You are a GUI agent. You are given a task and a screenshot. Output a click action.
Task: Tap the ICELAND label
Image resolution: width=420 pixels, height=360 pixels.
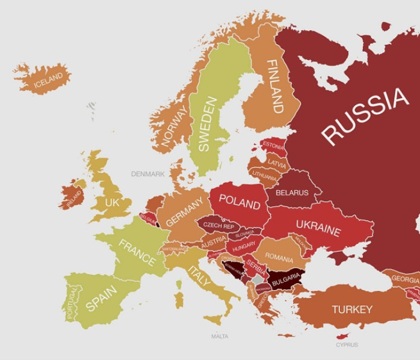coord(49,80)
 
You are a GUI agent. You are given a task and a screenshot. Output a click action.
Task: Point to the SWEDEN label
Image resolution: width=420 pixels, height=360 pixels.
coord(207,124)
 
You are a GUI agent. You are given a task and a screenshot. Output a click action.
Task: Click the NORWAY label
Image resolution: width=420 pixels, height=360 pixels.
coord(175,126)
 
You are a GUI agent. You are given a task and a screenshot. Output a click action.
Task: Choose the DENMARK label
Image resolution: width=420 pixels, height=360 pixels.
coord(148,174)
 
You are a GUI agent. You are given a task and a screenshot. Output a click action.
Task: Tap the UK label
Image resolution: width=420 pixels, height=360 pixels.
coord(112,202)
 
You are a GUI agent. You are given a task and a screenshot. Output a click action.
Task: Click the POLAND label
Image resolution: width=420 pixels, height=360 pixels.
coord(240,202)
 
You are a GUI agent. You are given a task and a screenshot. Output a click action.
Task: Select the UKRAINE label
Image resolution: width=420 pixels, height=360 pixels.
coord(318,227)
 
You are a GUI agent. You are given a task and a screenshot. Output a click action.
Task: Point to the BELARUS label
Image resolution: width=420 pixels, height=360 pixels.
coord(292,192)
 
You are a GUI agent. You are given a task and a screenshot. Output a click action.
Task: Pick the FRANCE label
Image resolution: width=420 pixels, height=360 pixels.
coord(137,252)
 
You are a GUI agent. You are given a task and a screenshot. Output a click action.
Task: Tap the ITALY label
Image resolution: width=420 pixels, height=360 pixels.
coord(199,276)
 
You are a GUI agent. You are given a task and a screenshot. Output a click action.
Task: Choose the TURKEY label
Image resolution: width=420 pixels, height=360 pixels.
coord(351,309)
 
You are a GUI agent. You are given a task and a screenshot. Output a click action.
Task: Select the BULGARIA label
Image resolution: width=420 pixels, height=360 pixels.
coord(285,279)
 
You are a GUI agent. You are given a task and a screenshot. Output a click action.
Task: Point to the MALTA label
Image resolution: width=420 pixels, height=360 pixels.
coord(219,336)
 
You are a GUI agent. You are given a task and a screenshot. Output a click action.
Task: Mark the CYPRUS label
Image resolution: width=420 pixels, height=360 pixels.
coord(347,345)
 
